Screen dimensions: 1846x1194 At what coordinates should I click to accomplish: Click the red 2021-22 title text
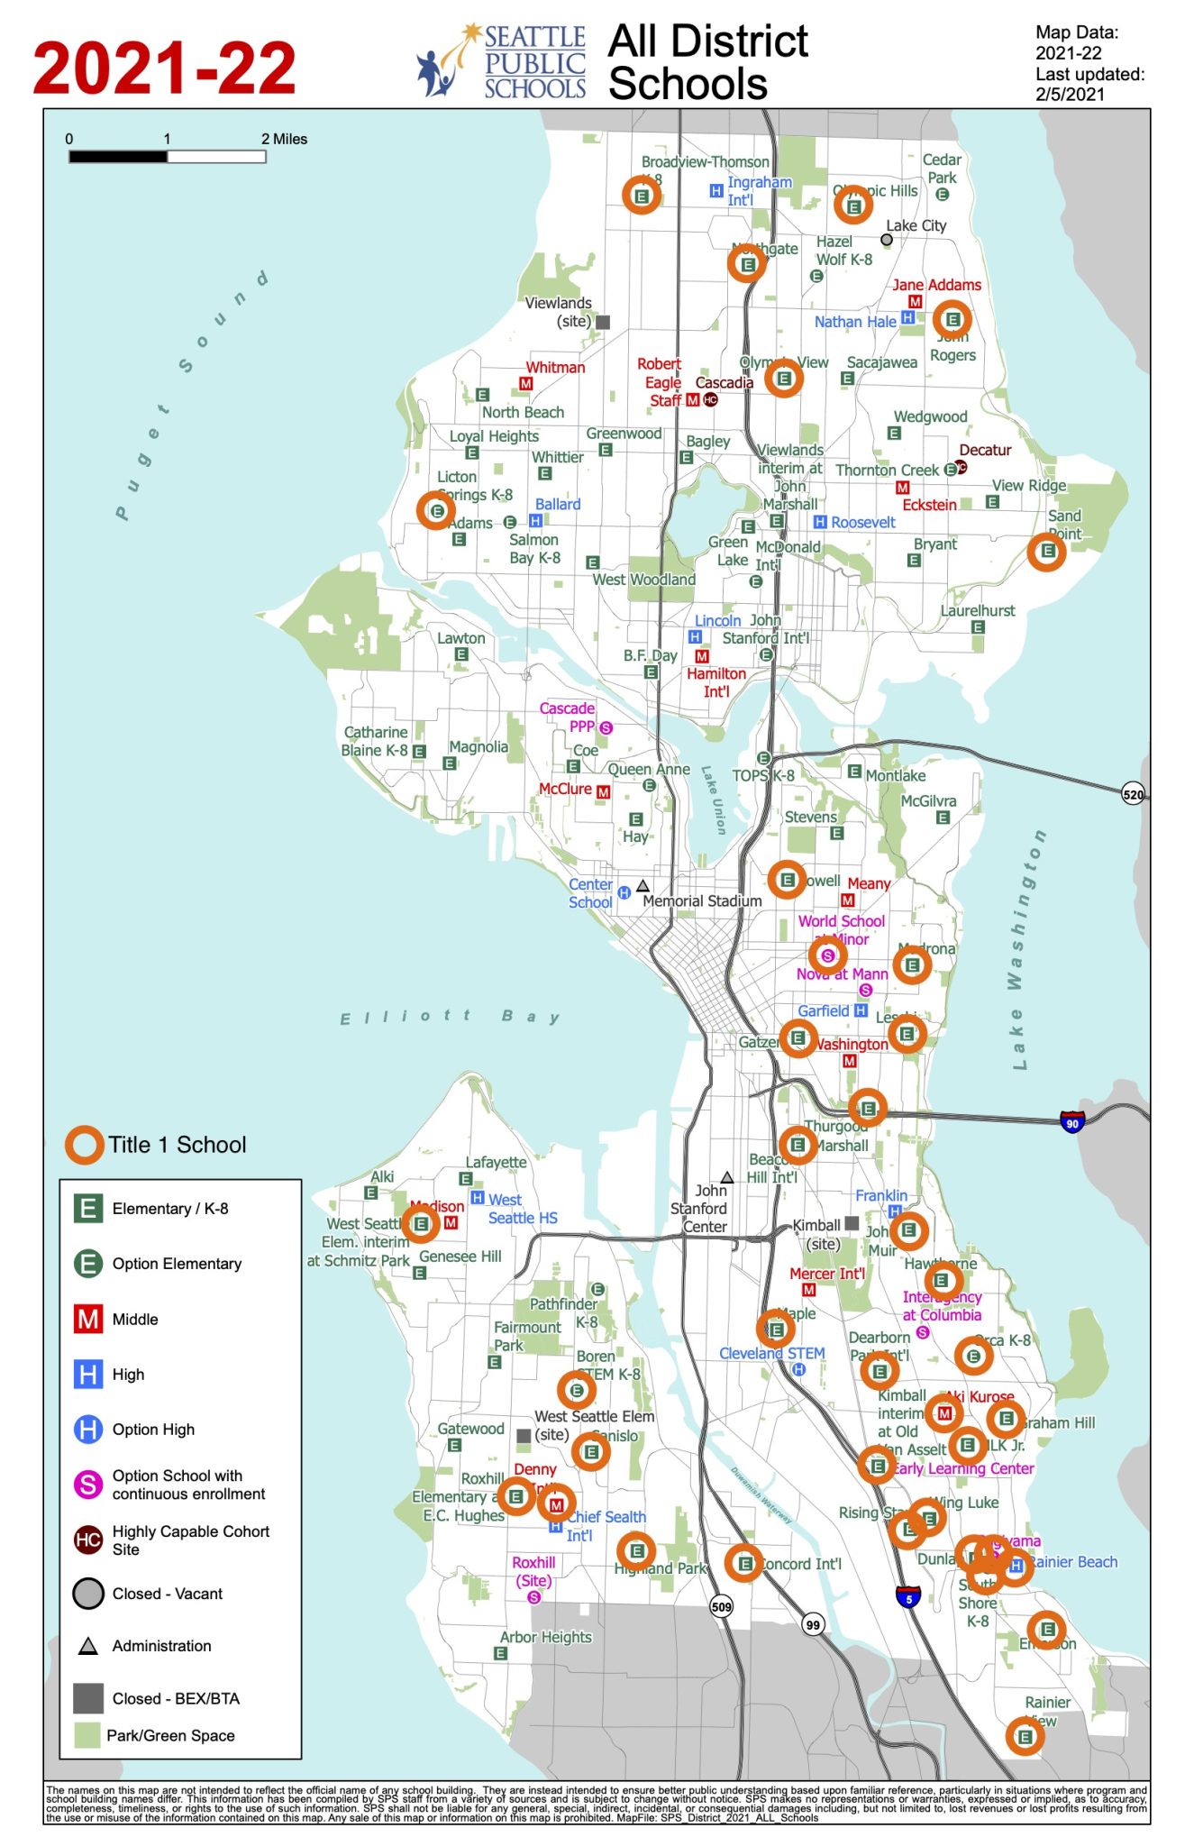point(164,68)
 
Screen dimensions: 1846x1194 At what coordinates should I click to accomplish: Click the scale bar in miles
point(168,156)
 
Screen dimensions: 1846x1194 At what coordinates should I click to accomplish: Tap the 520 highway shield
point(1133,794)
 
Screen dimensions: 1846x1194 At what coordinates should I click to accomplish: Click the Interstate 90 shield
point(1071,1123)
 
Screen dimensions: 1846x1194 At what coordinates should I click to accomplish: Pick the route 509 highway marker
point(722,1605)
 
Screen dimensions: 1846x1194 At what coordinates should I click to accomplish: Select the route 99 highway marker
point(813,1624)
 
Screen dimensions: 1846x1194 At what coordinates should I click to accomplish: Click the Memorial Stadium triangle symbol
point(643,885)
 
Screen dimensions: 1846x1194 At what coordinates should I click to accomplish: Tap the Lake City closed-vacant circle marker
point(887,240)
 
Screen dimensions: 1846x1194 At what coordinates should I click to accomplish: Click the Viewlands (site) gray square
point(603,322)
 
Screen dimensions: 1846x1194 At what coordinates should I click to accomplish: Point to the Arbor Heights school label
point(546,1637)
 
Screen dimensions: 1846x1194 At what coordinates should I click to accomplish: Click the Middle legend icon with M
point(87,1320)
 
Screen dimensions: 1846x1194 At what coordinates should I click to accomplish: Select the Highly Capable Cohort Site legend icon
point(87,1540)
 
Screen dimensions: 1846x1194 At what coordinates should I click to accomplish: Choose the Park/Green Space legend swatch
point(87,1735)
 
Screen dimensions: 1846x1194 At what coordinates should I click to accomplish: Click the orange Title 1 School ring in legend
point(83,1145)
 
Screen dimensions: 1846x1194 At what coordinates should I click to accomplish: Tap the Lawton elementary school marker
point(461,654)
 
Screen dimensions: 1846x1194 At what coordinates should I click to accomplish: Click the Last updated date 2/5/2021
point(1070,94)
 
